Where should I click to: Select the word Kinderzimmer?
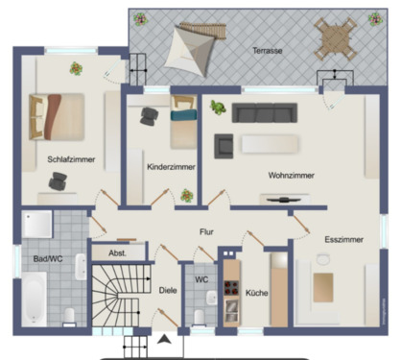[x=171, y=166]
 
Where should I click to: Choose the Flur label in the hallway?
[x=206, y=231]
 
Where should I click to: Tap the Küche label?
[x=256, y=293]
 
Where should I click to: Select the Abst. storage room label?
[x=117, y=253]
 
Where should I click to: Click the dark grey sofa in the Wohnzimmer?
[x=266, y=112]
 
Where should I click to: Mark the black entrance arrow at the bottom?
[x=164, y=340]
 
